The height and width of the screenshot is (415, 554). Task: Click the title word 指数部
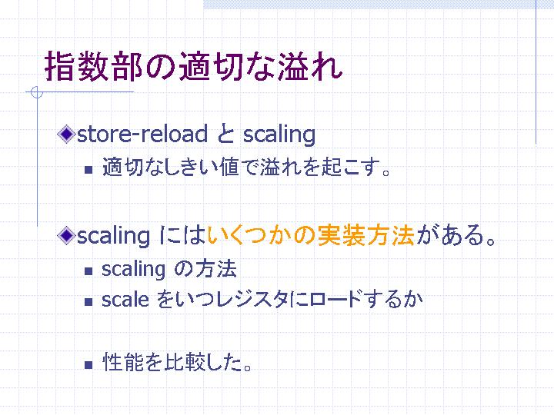(x=94, y=66)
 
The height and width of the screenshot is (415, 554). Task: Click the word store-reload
(x=142, y=134)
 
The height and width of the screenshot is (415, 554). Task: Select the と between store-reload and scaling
(x=225, y=134)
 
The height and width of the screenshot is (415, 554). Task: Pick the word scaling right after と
(x=279, y=134)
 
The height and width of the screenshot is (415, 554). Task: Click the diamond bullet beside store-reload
(x=66, y=134)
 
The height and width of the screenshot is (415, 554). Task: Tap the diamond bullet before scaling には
(x=66, y=235)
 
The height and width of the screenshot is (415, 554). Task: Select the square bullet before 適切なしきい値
(x=88, y=170)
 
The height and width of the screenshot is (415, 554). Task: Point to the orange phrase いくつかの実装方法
(x=311, y=235)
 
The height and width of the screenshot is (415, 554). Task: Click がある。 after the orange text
(x=456, y=235)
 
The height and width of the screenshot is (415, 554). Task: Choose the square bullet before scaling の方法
(x=88, y=271)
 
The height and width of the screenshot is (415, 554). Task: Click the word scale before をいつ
(x=125, y=300)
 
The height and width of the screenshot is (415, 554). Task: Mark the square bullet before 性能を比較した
(x=88, y=365)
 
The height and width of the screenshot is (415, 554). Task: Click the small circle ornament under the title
(x=37, y=92)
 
